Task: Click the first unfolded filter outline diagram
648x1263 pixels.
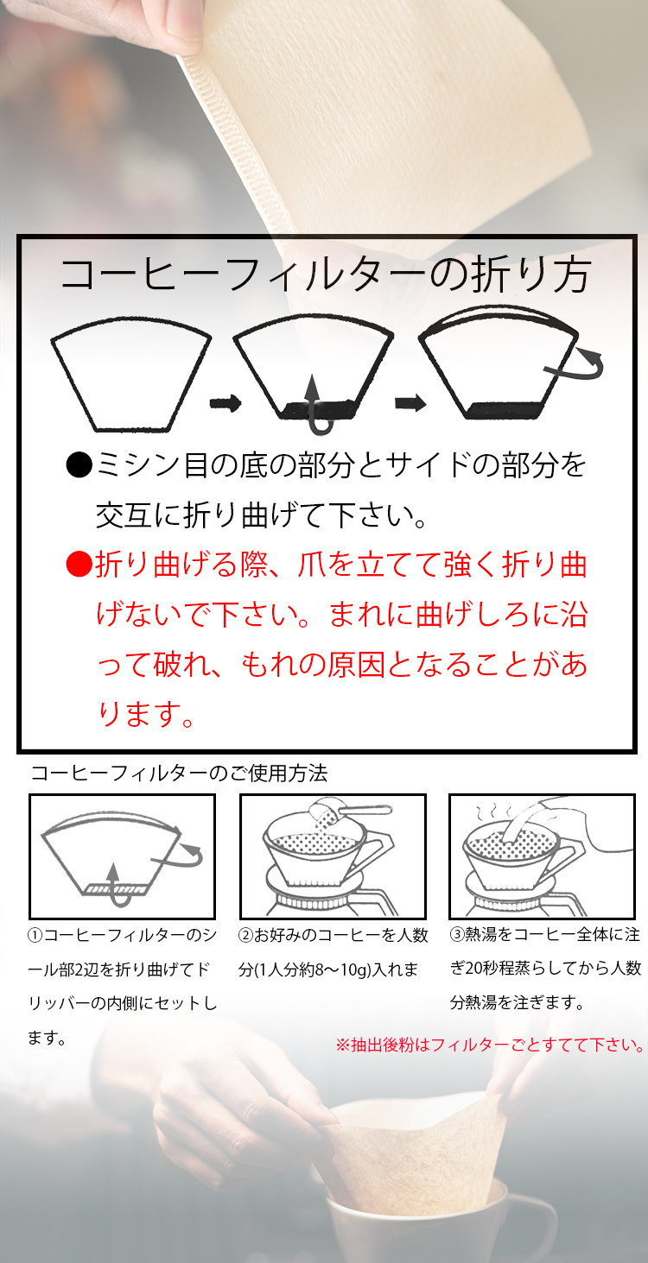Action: click(131, 376)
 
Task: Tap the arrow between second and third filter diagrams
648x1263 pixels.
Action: click(410, 402)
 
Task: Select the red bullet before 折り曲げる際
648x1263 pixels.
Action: click(79, 565)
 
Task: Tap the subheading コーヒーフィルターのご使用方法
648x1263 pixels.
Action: click(179, 774)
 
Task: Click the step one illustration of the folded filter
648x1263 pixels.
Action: click(122, 856)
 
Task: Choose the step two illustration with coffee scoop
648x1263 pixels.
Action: click(333, 856)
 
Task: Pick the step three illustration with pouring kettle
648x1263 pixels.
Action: click(542, 856)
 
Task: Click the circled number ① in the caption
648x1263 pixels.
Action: click(35, 935)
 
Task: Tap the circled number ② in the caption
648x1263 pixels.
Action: click(245, 935)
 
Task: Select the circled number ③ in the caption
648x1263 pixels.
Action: click(457, 935)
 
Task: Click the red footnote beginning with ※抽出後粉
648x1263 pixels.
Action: click(490, 1045)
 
